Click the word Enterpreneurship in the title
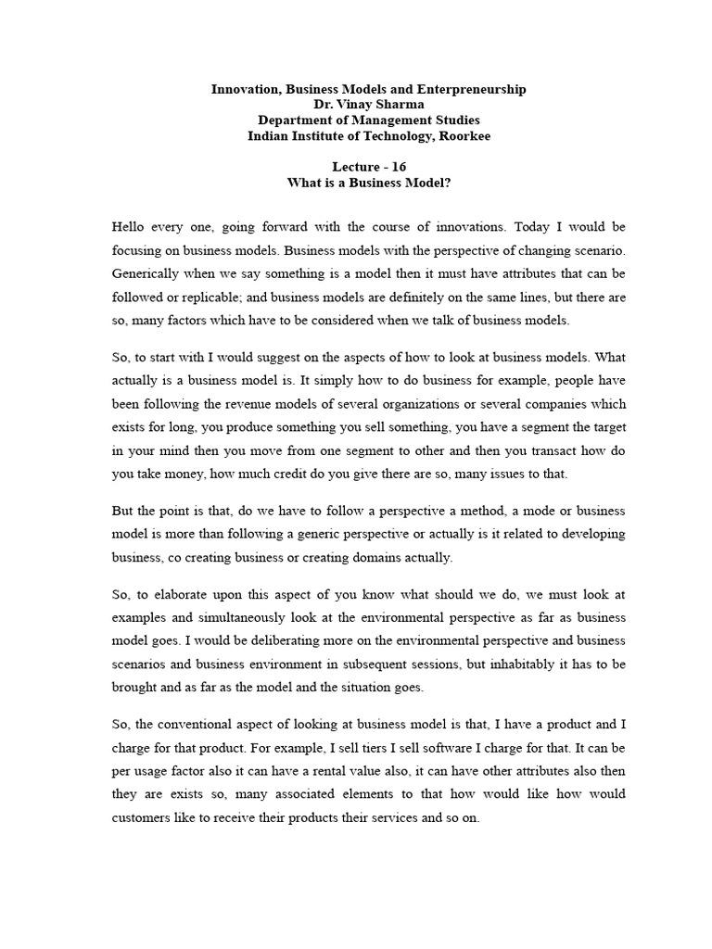point(471,89)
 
